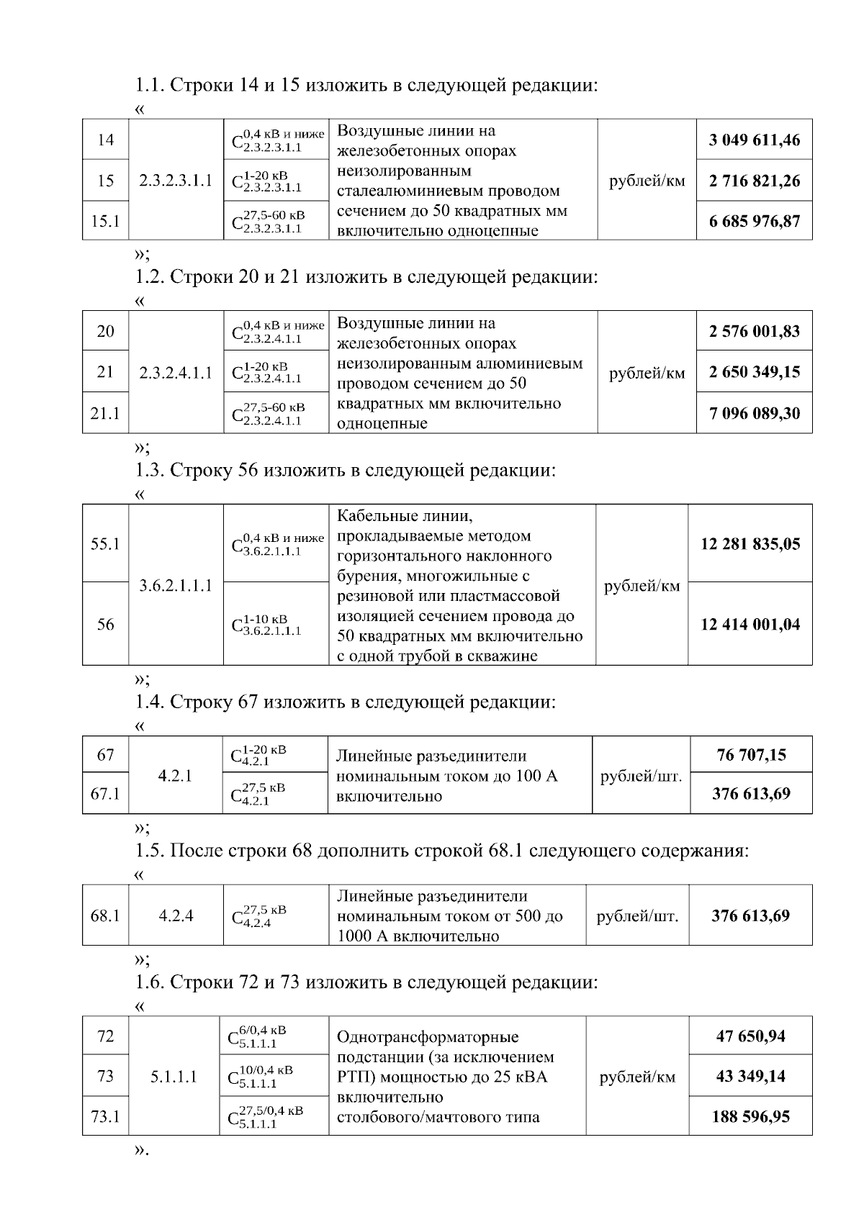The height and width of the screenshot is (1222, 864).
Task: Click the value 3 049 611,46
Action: (x=754, y=140)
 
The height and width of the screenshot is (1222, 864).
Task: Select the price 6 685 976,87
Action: (x=754, y=221)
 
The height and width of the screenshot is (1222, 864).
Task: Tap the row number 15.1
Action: (x=105, y=221)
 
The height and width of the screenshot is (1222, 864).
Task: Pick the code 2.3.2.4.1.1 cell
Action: (x=176, y=373)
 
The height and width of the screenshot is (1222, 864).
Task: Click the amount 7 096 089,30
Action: (x=754, y=413)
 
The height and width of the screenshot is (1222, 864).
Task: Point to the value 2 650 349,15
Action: (x=754, y=372)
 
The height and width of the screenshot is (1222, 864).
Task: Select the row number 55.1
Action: (x=105, y=544)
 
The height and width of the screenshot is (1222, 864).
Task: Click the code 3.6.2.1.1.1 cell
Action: (x=176, y=585)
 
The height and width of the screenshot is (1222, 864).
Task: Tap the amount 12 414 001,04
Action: (x=750, y=625)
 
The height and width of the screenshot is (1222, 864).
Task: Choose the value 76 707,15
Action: (x=751, y=755)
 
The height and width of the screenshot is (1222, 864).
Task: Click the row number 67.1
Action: (x=105, y=794)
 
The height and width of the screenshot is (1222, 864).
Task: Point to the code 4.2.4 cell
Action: (x=176, y=916)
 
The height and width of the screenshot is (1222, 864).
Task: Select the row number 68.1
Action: (x=105, y=916)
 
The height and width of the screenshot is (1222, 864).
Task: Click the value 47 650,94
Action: (x=750, y=1036)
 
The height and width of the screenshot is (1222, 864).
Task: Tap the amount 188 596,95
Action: (x=750, y=1117)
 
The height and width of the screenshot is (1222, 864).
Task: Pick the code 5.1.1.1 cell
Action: (x=174, y=1077)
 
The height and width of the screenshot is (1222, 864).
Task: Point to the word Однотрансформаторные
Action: (x=428, y=1038)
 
